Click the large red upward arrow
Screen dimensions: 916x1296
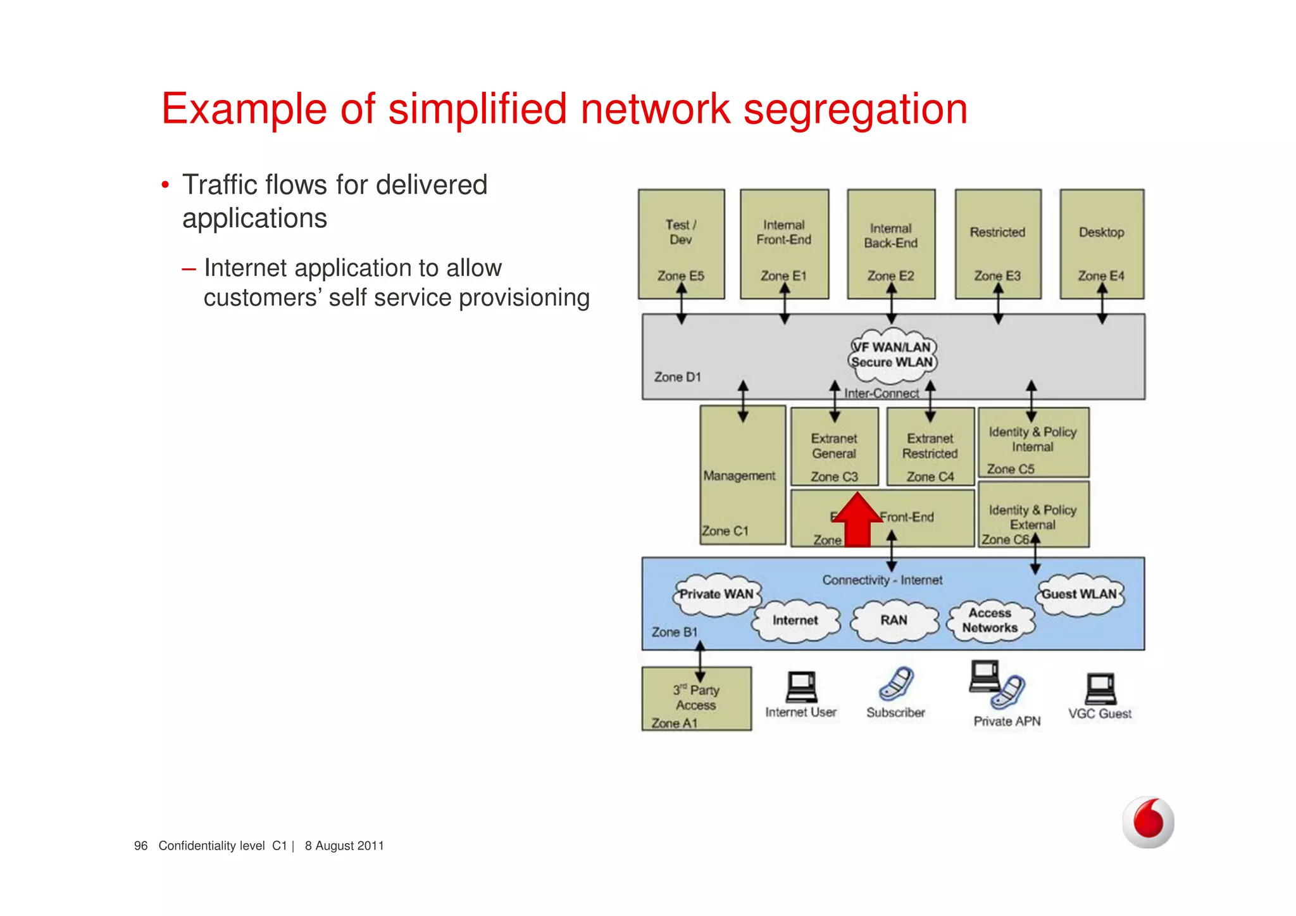[x=857, y=520]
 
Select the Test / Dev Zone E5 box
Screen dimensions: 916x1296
[x=681, y=244]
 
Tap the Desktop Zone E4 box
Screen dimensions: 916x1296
[x=1102, y=244]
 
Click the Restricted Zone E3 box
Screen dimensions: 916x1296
[x=997, y=244]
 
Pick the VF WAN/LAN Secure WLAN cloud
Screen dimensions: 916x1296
[x=892, y=356]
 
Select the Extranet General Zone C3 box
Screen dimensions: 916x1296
[x=834, y=447]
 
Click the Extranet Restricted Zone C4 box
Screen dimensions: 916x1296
[x=930, y=447]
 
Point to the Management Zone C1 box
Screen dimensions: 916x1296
[x=742, y=475]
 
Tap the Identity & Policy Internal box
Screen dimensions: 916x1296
[x=1033, y=442]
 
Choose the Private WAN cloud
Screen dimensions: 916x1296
[x=716, y=594]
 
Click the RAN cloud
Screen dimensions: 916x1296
[x=894, y=620]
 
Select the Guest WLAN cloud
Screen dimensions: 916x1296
[x=1080, y=594]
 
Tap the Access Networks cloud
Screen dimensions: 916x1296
[x=990, y=620]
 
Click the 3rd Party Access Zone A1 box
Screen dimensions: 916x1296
[x=696, y=698]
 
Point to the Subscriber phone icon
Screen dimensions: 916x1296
[x=896, y=684]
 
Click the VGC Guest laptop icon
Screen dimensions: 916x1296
[x=1100, y=689]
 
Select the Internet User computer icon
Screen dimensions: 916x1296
[x=801, y=687]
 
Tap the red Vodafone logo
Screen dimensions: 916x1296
[x=1148, y=822]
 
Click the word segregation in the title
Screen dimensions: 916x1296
[x=855, y=109]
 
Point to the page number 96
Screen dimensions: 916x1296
[x=140, y=846]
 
